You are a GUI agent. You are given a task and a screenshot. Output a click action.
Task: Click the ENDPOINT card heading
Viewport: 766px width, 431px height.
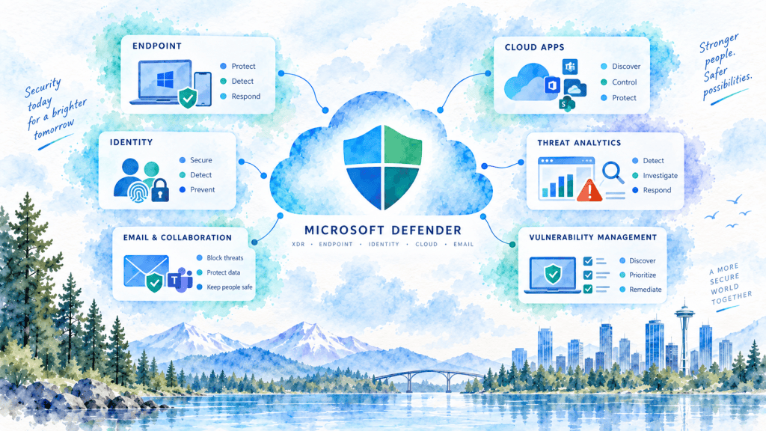157,46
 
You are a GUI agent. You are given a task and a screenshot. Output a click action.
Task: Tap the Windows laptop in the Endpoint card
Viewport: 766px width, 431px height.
162,82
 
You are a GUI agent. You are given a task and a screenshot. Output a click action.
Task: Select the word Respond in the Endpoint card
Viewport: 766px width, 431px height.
245,97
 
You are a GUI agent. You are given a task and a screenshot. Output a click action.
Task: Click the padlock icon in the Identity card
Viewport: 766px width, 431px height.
160,190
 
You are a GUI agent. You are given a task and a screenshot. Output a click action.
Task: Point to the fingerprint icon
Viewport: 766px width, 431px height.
138,192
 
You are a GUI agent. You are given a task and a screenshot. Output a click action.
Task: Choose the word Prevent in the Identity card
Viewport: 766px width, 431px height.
202,189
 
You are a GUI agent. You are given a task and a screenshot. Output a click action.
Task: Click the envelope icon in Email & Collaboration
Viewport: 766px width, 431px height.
146,270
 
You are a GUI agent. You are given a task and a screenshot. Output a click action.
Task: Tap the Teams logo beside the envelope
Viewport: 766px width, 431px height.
180,280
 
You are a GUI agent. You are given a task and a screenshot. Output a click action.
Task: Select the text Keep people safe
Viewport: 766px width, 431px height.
230,287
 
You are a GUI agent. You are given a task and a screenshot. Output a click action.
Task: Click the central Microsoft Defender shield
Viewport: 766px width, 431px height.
382,167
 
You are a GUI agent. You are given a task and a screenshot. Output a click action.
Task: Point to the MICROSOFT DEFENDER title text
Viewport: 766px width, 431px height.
383,230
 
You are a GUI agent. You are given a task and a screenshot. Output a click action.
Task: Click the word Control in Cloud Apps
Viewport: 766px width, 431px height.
625,82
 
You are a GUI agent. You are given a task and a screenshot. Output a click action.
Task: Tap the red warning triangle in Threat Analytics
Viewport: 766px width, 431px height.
589,191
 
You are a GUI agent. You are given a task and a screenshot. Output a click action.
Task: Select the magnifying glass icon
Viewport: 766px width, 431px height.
613,172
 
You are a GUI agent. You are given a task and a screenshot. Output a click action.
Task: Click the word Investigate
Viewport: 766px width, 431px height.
660,175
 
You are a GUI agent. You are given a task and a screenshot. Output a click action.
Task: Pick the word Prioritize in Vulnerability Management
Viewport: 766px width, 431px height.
643,275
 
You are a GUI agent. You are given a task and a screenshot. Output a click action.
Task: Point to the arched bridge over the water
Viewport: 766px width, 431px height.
429,378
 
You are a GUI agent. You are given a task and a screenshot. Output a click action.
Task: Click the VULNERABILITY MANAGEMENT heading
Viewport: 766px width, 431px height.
592,237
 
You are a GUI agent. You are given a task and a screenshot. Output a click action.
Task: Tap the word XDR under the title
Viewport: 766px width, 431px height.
298,245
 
